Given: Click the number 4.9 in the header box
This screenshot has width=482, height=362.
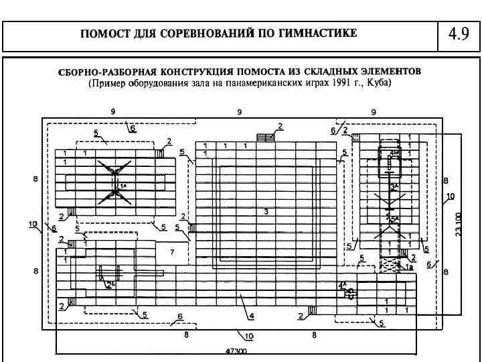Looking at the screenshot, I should coord(459,34).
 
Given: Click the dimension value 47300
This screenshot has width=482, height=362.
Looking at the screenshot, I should coord(236,351).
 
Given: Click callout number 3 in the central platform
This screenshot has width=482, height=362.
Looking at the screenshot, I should coord(266,212).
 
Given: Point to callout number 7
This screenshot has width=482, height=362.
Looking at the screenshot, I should coord(172,252).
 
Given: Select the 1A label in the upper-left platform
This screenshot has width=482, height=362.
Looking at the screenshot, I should coord(123,183).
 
